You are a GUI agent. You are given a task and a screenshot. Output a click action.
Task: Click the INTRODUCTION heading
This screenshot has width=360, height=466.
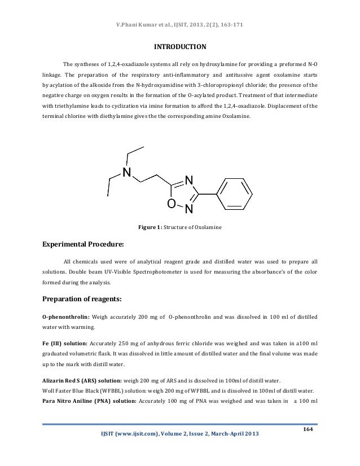tap(180, 46)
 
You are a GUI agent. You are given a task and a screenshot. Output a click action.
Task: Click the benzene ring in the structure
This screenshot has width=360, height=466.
tap(237, 194)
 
